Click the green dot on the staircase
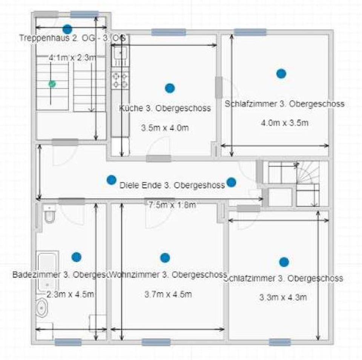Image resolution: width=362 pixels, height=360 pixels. (52, 84)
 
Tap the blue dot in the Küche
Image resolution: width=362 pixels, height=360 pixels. (170, 88)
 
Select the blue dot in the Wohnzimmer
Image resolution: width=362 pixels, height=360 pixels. (165, 258)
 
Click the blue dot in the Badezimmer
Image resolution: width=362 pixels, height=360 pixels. (76, 257)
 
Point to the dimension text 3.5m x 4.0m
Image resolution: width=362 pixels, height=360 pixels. (165, 128)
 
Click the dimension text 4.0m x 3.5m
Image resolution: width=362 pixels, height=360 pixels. (285, 123)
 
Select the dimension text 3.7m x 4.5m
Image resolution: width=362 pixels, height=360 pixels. (168, 294)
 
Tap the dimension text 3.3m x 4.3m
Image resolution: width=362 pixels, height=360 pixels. (283, 297)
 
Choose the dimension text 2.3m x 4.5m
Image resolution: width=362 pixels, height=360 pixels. (70, 294)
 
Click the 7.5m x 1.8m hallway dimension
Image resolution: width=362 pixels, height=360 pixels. (172, 205)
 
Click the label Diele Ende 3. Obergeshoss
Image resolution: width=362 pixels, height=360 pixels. (172, 185)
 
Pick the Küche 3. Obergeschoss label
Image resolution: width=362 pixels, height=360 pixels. (165, 108)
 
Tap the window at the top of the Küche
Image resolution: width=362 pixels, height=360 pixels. (169, 32)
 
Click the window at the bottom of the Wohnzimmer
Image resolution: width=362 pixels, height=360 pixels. (156, 342)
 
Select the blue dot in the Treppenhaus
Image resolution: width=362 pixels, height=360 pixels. (67, 28)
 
